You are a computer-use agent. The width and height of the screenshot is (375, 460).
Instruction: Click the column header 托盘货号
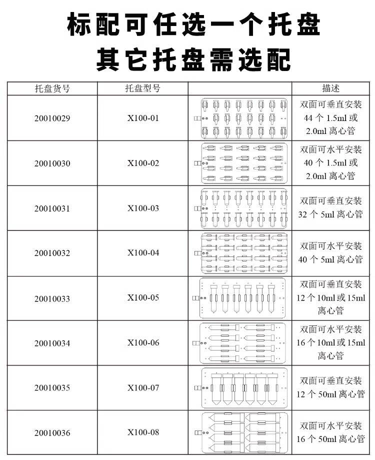tap(52, 88)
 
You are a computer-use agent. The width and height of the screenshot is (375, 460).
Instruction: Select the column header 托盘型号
tap(142, 88)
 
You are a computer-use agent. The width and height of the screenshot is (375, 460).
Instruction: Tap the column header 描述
tap(331, 88)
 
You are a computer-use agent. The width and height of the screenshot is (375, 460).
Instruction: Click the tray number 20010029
tap(52, 119)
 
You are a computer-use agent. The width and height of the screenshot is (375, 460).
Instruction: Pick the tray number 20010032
tap(52, 253)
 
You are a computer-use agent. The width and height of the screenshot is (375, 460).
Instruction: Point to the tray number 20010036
tap(52, 433)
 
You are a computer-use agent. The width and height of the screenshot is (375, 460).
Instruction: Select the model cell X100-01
tap(143, 118)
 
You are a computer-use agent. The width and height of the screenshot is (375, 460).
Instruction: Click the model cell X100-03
tap(143, 208)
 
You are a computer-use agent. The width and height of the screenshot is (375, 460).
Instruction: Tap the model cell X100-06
tap(143, 342)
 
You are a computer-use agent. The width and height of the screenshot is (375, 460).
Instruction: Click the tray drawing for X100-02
tap(241, 163)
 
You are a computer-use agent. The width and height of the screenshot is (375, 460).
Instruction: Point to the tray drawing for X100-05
tap(241, 298)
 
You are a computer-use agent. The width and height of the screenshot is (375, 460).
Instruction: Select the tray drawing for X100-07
tap(241, 388)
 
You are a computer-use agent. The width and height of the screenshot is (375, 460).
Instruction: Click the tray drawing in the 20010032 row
tap(241, 253)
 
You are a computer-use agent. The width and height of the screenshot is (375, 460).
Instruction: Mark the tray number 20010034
tap(52, 343)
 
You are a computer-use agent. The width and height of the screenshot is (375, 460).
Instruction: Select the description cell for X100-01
tap(331, 118)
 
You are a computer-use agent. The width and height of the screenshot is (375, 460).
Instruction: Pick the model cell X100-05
tap(143, 297)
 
